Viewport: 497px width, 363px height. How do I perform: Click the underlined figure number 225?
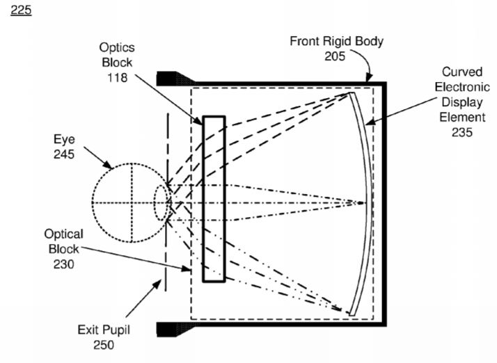pos(21,10)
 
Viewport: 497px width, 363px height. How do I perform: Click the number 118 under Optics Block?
pos(117,78)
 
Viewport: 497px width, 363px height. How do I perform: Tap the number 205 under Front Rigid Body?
pos(335,56)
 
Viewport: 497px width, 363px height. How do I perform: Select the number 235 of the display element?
pos(462,132)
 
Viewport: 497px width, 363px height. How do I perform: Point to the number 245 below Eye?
pos(64,154)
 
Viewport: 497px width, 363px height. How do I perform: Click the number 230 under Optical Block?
pos(64,264)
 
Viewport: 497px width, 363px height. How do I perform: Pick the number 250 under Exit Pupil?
pos(104,345)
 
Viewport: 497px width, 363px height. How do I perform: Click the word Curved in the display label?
pos(462,72)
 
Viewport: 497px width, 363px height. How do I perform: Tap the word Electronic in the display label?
pos(462,87)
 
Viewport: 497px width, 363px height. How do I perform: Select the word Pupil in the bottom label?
pos(116,330)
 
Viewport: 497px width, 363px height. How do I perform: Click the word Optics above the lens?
pos(117,47)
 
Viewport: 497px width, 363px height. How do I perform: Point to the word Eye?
pos(64,139)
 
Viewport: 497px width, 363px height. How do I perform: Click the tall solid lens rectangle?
pos(214,199)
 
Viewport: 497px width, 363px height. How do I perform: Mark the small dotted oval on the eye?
pos(161,202)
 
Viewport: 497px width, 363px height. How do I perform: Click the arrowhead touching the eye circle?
pos(107,164)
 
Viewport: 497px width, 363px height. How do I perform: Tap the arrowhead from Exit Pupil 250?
pos(157,284)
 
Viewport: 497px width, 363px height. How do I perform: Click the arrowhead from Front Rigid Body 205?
pos(369,77)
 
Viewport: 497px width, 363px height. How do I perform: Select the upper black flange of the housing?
pos(175,79)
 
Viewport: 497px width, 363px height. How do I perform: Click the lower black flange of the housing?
pos(175,329)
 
